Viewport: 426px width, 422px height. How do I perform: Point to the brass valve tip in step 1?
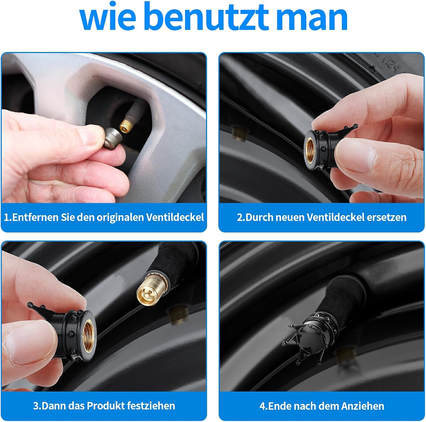[x=126, y=125]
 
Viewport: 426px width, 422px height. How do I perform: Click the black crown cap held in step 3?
[x=71, y=332]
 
